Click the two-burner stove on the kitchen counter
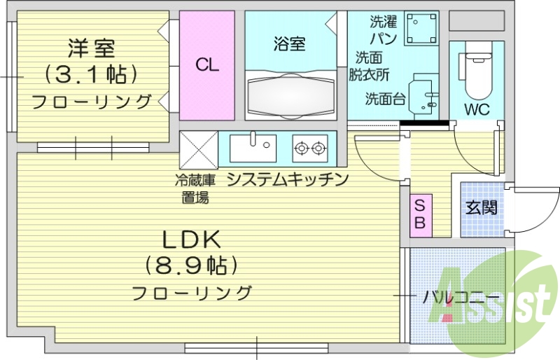[310, 147]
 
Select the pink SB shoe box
[421, 214]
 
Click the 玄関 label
[482, 207]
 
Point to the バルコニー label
[461, 296]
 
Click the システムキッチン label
[288, 180]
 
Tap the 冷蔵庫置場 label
[195, 188]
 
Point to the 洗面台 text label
[384, 99]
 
